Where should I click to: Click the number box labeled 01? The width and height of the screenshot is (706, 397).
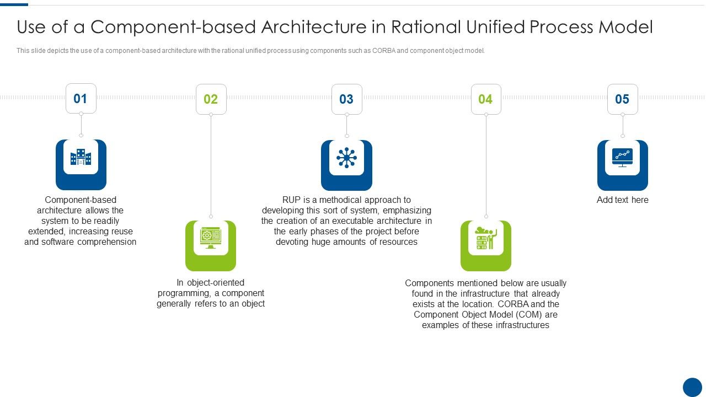81,99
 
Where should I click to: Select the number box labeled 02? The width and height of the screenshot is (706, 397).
211,99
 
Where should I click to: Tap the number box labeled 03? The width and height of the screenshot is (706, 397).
346,99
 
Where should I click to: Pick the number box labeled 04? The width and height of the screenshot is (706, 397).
485,99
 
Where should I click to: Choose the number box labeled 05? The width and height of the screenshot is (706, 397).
622,99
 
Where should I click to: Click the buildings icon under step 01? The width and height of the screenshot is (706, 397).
81,158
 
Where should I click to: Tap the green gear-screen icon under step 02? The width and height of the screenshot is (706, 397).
211,238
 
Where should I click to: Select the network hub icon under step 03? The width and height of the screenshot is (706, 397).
346,158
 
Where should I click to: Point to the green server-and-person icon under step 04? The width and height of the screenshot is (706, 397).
485,238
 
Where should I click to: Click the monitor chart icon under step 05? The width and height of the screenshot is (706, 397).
622,158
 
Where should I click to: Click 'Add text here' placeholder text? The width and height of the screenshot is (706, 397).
622,200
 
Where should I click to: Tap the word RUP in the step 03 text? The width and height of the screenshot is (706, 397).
291,200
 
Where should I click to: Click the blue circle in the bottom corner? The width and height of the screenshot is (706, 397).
692,387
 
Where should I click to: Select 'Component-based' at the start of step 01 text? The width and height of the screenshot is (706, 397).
81,200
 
